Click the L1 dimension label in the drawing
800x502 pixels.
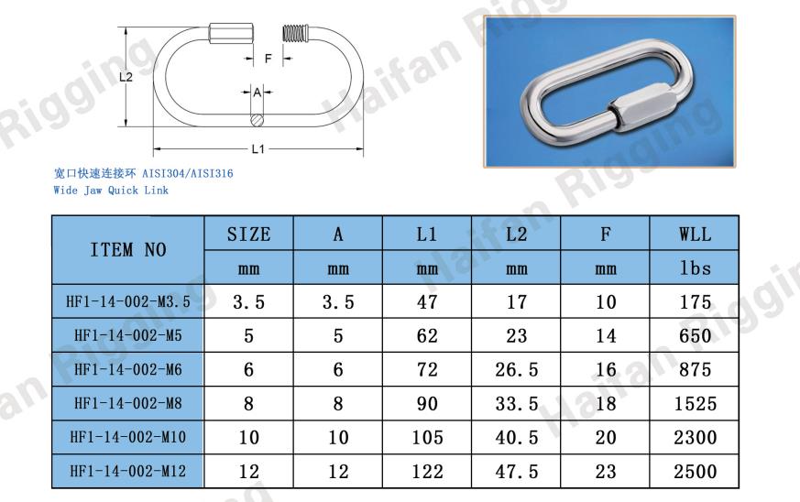pos(258,149)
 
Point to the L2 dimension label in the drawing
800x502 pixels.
pos(126,77)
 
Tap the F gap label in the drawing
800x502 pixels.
pos(268,59)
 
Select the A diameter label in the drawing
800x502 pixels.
pos(258,93)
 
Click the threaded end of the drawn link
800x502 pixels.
pos(295,34)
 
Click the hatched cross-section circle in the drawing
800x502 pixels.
pos(258,120)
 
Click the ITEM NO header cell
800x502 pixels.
pos(128,250)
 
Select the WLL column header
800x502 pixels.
pos(695,235)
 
